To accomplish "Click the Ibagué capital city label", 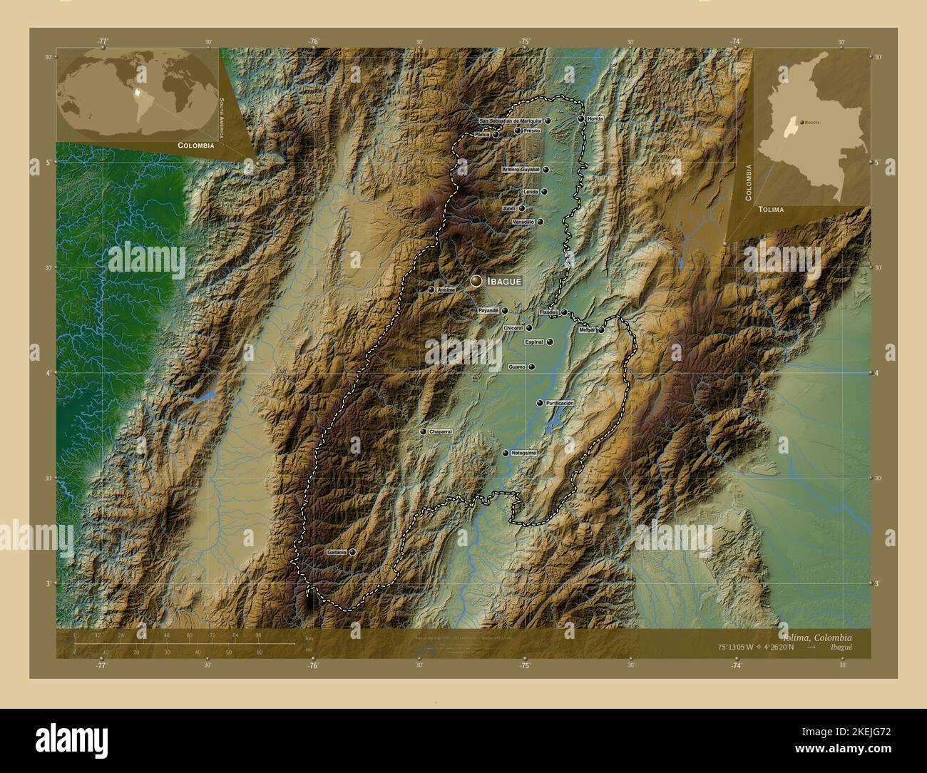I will (503, 282).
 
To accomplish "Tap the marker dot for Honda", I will (581, 119).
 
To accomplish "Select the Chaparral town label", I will (441, 432).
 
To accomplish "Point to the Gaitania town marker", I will (352, 552).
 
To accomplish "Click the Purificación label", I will (560, 403).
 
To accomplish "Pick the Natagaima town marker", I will (505, 453).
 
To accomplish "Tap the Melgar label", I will (587, 330).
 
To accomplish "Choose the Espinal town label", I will (534, 342).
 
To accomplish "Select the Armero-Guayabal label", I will (521, 170).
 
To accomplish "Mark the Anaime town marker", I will (431, 290).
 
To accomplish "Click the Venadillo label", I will (523, 222).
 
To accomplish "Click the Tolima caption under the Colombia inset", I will (771, 210).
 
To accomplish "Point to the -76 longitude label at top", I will (313, 42).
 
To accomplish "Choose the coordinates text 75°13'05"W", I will (742, 647).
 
